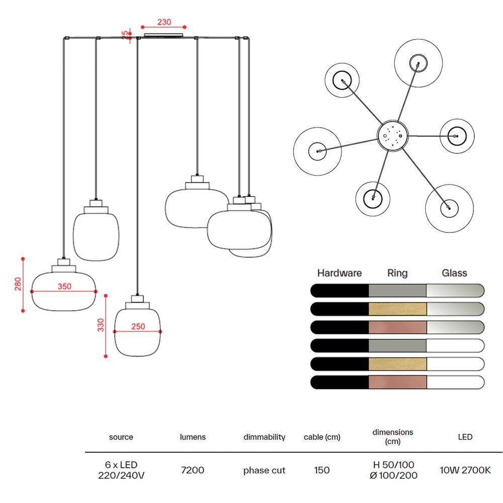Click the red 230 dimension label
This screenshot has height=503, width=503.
tap(164, 22)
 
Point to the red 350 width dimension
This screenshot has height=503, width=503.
tap(64, 286)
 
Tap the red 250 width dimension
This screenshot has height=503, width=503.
tap(138, 326)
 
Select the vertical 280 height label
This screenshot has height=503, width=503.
tap(18, 284)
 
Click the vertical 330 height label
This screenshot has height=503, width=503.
tap(101, 325)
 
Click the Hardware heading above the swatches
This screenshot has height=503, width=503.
tap(340, 273)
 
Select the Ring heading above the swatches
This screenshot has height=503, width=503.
tap(397, 273)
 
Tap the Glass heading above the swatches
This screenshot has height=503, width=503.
tap(454, 273)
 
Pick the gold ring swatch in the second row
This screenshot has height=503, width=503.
tap(397, 309)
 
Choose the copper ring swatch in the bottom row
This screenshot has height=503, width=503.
tap(397, 382)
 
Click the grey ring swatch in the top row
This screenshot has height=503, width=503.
tap(397, 291)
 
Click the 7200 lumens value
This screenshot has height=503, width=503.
tap(193, 470)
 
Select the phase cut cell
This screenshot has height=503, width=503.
tap(264, 470)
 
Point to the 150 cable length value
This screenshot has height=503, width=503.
tap(322, 470)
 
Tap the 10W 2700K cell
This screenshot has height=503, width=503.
tap(465, 470)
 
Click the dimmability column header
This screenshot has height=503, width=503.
tap(265, 437)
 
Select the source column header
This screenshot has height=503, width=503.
tap(121, 437)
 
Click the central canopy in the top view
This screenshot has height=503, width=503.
tap(393, 135)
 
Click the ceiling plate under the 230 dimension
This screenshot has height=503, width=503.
tap(163, 35)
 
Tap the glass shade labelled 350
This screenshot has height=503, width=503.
tap(64, 291)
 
